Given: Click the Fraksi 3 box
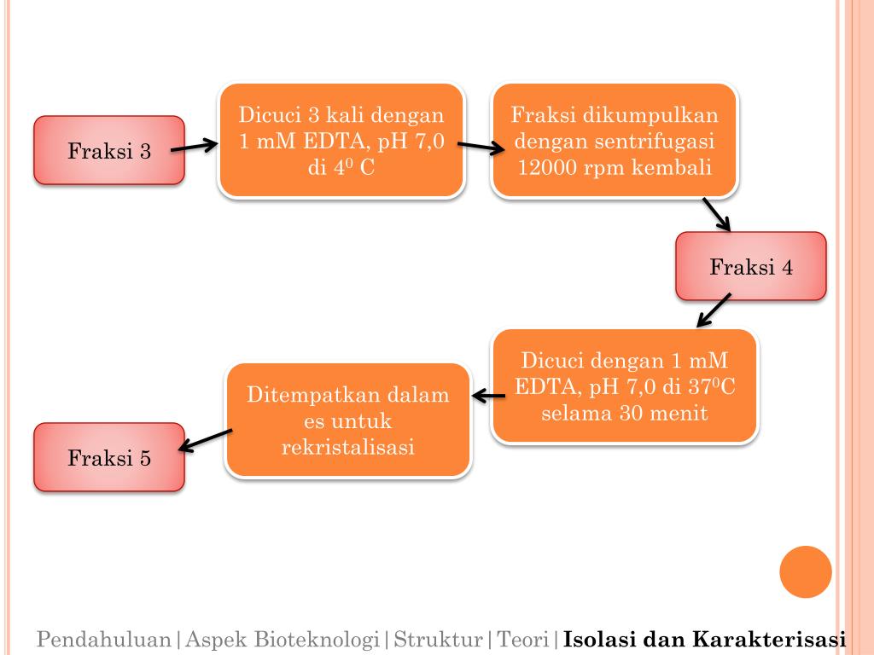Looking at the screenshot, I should tap(109, 151).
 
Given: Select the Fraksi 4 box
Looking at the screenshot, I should tap(751, 266).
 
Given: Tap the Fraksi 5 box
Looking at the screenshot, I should tap(109, 457).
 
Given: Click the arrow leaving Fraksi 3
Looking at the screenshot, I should tap(195, 148).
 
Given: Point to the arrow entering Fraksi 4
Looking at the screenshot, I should tap(717, 215).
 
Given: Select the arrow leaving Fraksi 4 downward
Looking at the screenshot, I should tap(714, 310).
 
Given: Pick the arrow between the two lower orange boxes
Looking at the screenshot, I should tap(489, 395).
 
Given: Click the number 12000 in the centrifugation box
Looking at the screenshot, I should tap(547, 167).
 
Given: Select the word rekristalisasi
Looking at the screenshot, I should tap(348, 446).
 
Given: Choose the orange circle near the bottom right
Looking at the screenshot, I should tap(806, 571).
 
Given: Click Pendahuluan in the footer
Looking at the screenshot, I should tap(104, 639).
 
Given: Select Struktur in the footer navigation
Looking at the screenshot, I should tap(437, 639).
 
